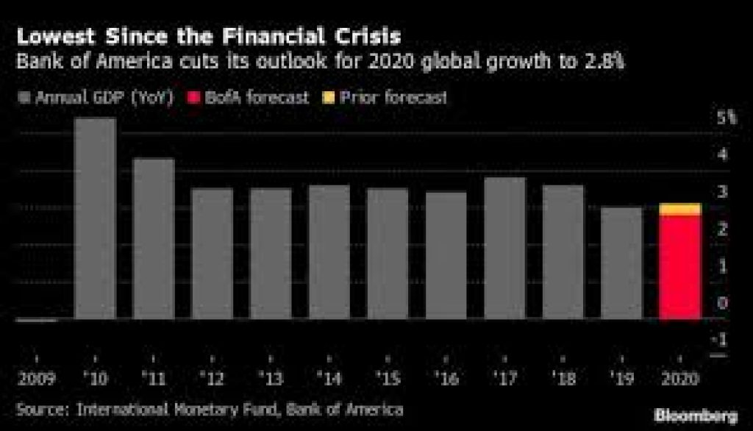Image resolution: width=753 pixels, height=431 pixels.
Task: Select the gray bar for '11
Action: click(154, 239)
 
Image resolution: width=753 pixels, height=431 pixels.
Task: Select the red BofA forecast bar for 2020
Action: click(679, 268)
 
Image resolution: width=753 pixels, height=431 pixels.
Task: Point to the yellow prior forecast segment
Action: click(679, 210)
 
